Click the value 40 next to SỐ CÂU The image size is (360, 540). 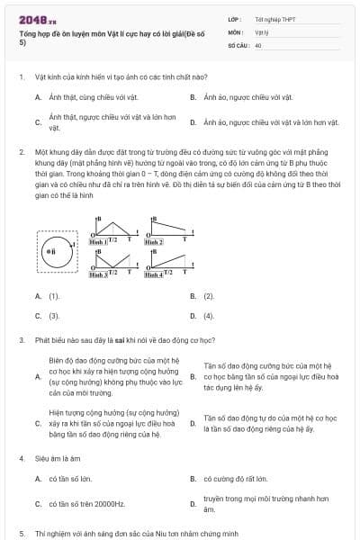pyautogui.click(x=258, y=43)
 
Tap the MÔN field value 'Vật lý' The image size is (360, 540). pyautogui.click(x=262, y=31)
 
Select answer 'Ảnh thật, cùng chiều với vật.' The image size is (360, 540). pyautogui.click(x=88, y=96)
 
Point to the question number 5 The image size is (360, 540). pyautogui.click(x=21, y=534)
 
